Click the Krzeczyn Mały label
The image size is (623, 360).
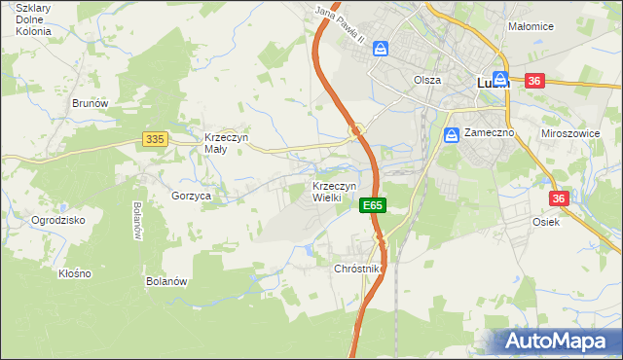[227, 144]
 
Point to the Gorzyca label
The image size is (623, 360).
[192, 196]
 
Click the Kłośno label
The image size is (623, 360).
[74, 273]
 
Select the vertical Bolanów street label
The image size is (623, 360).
[137, 221]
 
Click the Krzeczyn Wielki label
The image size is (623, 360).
[335, 192]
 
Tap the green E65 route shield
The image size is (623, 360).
[373, 205]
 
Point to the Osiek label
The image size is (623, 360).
[573, 221]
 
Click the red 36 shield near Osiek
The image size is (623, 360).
[558, 198]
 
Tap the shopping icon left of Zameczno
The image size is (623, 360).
[451, 135]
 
